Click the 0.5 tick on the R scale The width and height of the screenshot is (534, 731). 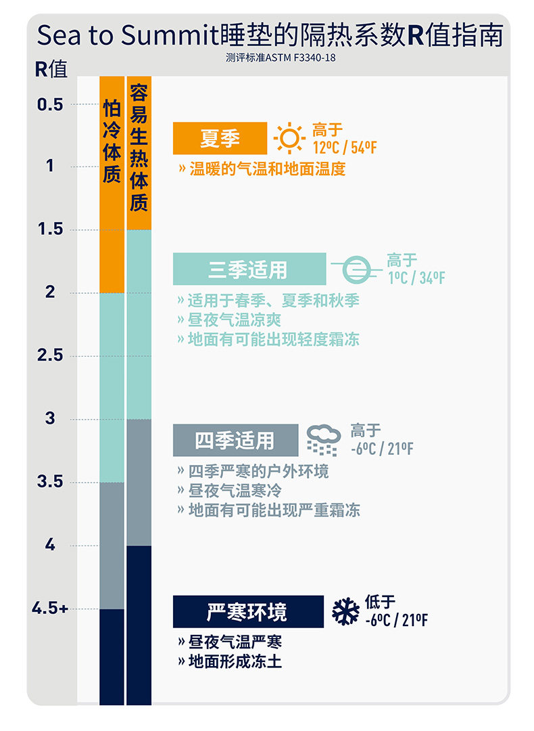[51, 104]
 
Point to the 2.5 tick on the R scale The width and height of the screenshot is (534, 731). [49, 355]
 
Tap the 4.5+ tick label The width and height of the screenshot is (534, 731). [50, 608]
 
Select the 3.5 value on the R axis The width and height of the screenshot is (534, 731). [50, 482]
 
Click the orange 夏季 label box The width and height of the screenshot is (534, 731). [220, 139]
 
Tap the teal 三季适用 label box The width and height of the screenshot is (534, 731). [249, 269]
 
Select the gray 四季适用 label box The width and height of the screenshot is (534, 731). [235, 441]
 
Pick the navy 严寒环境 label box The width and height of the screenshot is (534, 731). [248, 612]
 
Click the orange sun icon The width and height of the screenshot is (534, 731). [290, 139]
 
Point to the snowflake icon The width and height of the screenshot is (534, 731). [345, 611]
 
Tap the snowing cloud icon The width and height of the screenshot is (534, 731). [322, 441]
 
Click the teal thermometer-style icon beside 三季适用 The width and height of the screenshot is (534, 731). [356, 269]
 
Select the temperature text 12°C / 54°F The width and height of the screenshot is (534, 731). [344, 148]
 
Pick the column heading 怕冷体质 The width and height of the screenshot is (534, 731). [112, 142]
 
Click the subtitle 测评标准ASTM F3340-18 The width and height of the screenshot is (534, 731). [281, 58]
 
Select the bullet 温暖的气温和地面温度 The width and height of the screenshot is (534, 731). [262, 169]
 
